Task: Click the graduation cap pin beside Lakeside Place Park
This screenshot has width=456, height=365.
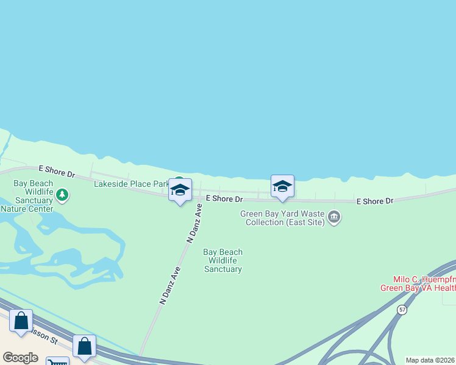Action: (x=180, y=191)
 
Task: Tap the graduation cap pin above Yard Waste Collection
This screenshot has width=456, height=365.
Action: (x=282, y=187)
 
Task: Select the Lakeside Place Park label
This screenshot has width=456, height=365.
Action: (x=131, y=184)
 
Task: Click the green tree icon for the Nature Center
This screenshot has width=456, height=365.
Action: (x=62, y=195)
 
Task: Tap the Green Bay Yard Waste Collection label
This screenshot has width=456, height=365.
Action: (x=283, y=218)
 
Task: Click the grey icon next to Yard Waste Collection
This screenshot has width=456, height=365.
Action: (x=333, y=217)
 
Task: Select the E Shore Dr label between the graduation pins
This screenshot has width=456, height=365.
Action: (x=224, y=199)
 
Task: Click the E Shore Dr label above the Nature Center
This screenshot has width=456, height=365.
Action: (x=56, y=170)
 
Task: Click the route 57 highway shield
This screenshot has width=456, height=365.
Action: (x=401, y=310)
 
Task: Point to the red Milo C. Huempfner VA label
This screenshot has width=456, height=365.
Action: (x=418, y=283)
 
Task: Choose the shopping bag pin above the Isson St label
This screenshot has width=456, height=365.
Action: (x=21, y=321)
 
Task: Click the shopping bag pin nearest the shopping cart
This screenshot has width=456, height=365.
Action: (x=84, y=346)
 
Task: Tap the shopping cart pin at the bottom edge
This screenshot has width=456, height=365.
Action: (x=57, y=361)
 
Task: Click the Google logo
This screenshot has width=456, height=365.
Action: (x=20, y=358)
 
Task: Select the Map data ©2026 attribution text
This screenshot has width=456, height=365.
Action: (x=430, y=360)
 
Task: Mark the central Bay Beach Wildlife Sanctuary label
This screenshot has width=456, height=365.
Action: (x=223, y=260)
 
